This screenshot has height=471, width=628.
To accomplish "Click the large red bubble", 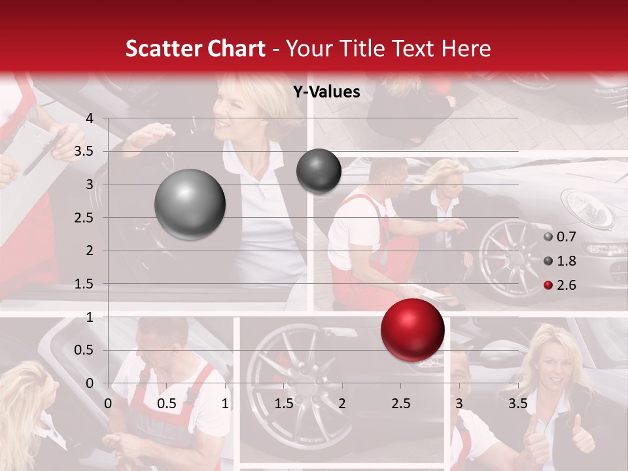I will click(x=412, y=330).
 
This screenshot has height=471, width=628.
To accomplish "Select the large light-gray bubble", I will click(x=190, y=204).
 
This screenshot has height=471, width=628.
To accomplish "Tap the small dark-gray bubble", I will click(x=319, y=171).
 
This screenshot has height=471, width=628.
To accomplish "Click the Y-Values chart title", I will click(x=326, y=92).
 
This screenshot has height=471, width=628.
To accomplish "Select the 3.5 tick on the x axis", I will click(x=517, y=403).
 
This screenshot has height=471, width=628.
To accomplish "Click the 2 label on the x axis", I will click(x=342, y=403).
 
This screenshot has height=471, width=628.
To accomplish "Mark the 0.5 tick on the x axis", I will click(x=167, y=403).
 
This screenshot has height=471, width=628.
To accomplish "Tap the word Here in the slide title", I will click(x=466, y=48).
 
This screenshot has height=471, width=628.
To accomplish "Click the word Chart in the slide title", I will click(x=238, y=48).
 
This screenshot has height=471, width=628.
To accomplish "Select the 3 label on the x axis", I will click(x=459, y=403).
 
